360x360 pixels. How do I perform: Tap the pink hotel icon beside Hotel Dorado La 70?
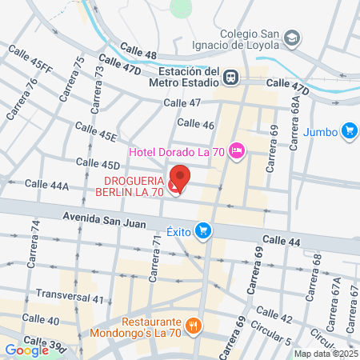click(x=237, y=150)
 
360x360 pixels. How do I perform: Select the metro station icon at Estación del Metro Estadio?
click(x=230, y=77)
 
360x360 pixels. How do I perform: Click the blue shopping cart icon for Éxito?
click(x=204, y=231)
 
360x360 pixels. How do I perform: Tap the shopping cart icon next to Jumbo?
click(x=348, y=130)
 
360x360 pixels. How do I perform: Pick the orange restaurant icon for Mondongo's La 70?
click(x=193, y=326)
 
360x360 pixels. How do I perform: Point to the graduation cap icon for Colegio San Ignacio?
click(x=293, y=38)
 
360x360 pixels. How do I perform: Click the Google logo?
click(x=26, y=350)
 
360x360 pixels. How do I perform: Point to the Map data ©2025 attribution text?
click(x=326, y=354)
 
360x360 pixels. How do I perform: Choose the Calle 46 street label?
click(x=195, y=124)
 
